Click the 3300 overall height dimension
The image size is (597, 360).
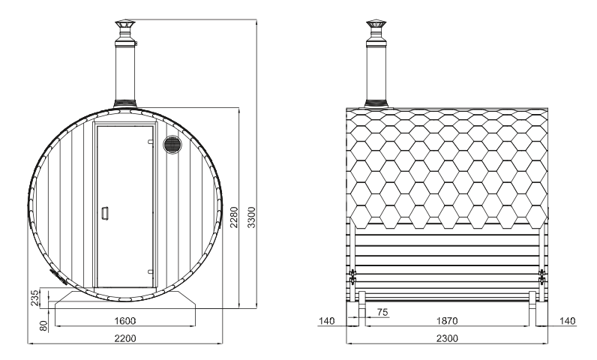[251, 217]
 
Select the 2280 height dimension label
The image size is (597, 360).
[234, 217]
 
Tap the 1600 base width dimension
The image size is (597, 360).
[125, 321]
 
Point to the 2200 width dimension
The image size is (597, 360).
[125, 338]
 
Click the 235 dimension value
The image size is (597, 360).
[34, 298]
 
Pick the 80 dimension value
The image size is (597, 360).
[43, 325]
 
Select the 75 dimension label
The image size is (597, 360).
[382, 313]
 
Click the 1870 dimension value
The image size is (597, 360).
[447, 321]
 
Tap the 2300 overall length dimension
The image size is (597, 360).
[447, 338]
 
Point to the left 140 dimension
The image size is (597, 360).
[327, 321]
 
